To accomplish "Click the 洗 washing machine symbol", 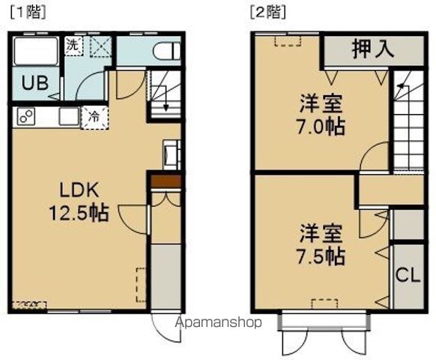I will coord(73,44).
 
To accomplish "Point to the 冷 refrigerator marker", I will coord(95,116).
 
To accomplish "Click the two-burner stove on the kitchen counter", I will coord(28,117).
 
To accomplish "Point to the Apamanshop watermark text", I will coord(218,323).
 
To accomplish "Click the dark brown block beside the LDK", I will coord(166,181).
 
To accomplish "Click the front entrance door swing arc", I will coord(164,328).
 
